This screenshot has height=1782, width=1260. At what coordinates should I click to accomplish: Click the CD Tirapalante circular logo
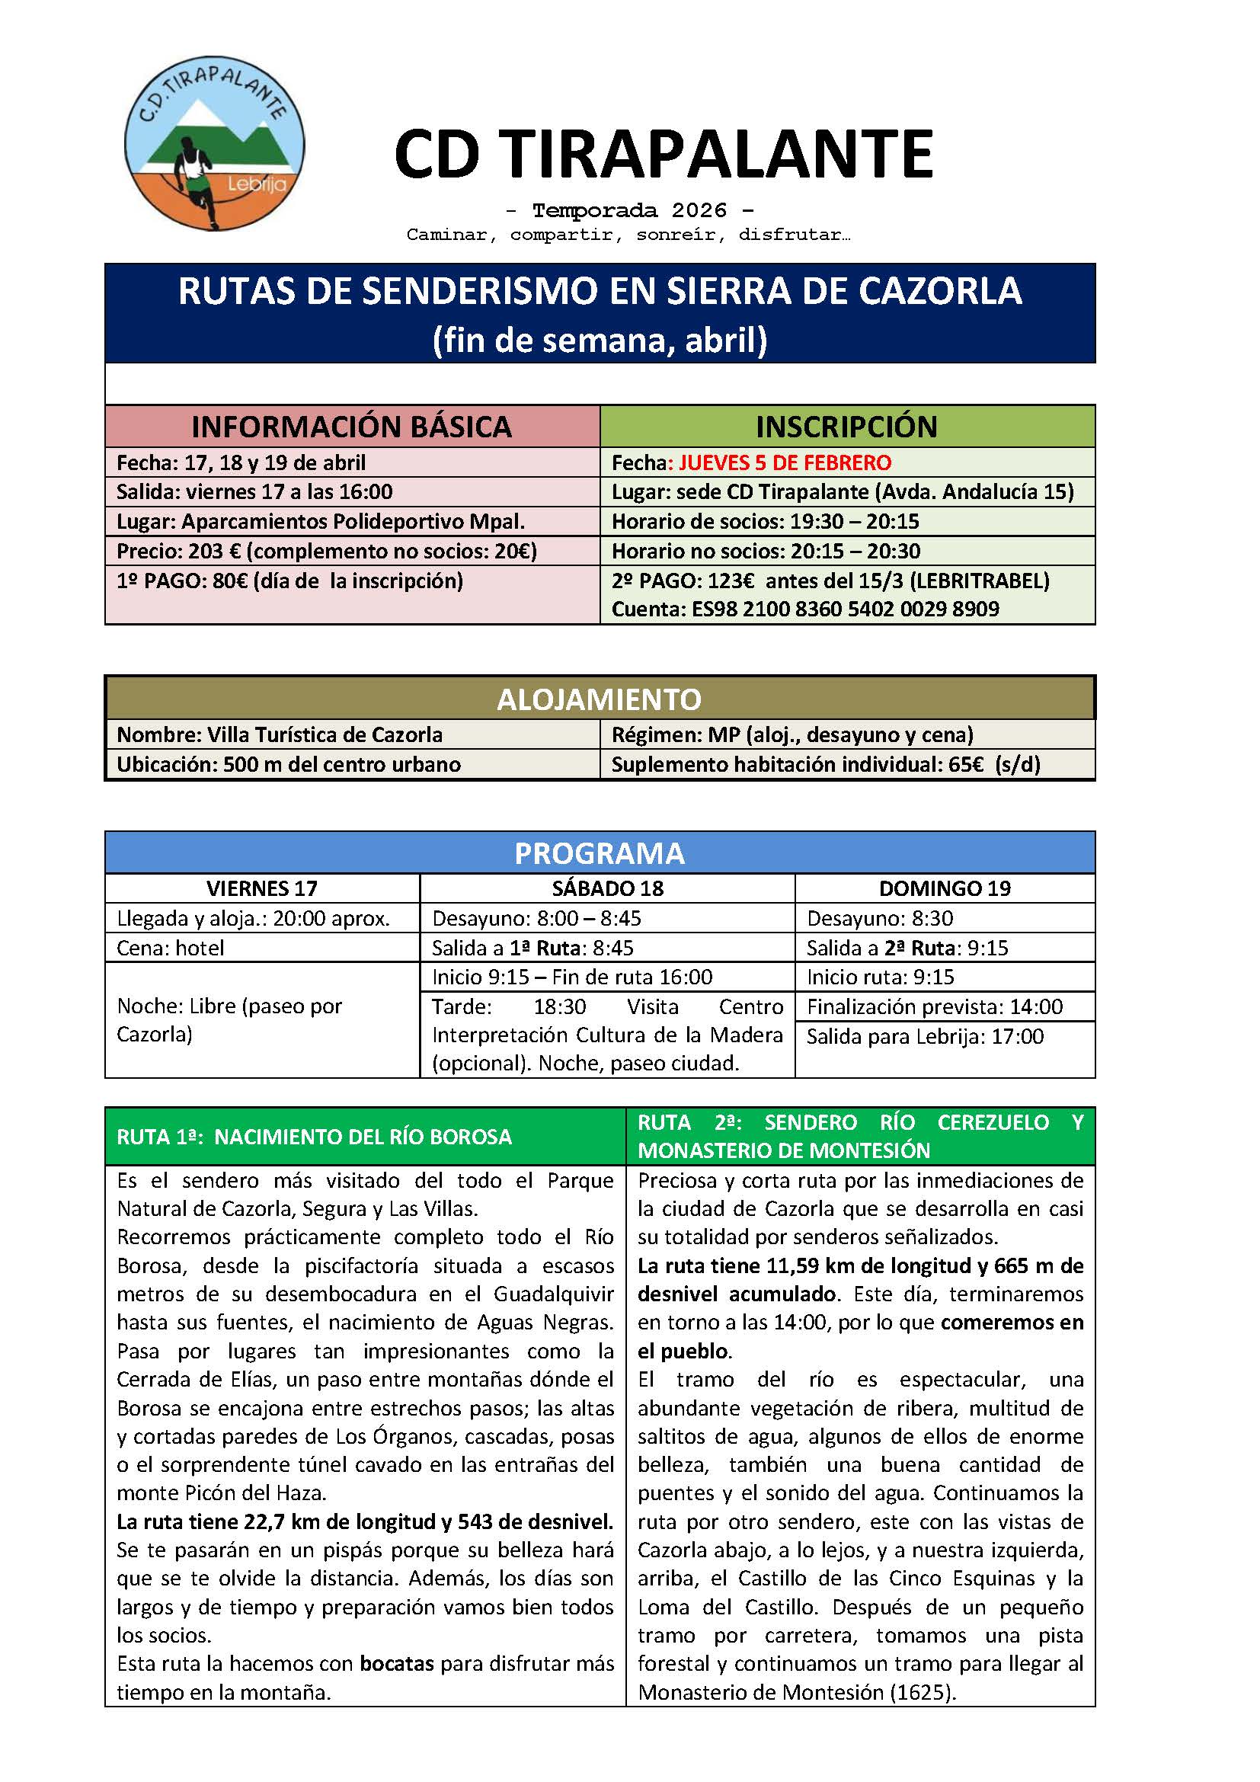tap(214, 146)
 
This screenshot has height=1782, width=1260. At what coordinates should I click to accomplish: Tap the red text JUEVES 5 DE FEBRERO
tap(785, 462)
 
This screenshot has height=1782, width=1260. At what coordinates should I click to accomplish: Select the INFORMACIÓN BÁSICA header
tap(351, 426)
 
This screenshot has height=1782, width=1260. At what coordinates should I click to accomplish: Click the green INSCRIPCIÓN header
tap(846, 426)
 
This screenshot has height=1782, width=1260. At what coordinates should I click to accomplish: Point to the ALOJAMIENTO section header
tap(599, 699)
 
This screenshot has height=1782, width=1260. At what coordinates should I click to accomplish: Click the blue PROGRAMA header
tap(599, 853)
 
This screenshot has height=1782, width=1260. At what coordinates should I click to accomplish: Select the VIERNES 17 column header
tap(261, 888)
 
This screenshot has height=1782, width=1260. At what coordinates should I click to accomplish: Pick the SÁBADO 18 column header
tap(606, 888)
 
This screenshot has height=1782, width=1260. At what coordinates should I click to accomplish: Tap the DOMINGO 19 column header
tap(944, 888)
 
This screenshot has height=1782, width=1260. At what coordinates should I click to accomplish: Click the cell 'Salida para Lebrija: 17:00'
tap(925, 1036)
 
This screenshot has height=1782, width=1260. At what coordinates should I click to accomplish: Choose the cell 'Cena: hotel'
tap(171, 948)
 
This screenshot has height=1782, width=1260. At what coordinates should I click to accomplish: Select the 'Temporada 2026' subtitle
tap(629, 210)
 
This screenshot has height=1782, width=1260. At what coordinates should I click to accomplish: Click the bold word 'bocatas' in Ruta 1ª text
tap(396, 1663)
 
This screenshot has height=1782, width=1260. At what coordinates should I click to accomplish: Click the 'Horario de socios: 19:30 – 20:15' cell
tap(764, 522)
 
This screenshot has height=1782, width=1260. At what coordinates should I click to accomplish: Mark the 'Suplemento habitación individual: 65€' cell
tap(826, 764)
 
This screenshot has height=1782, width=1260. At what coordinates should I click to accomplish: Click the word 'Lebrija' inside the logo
tap(257, 184)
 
